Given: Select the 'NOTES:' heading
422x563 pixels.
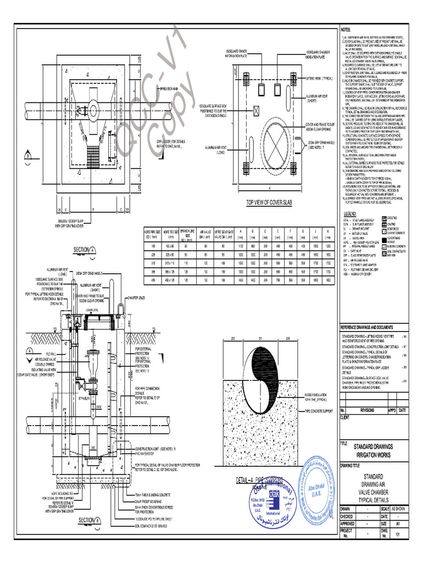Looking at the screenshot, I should [x=349, y=29].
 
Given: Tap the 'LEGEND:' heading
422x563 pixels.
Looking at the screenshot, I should [x=351, y=213].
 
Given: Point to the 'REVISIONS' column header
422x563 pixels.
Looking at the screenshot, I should [x=367, y=410].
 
